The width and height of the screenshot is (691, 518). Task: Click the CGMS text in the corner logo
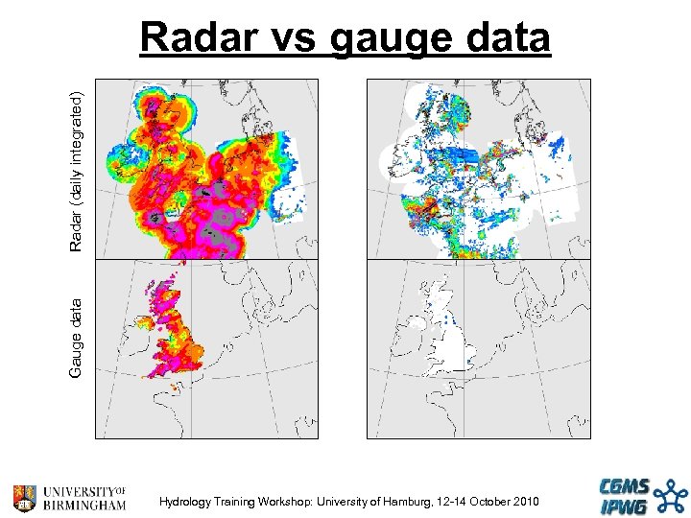(624, 486)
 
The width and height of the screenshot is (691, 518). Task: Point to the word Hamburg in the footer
(412, 502)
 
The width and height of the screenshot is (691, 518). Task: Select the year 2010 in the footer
(525, 502)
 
